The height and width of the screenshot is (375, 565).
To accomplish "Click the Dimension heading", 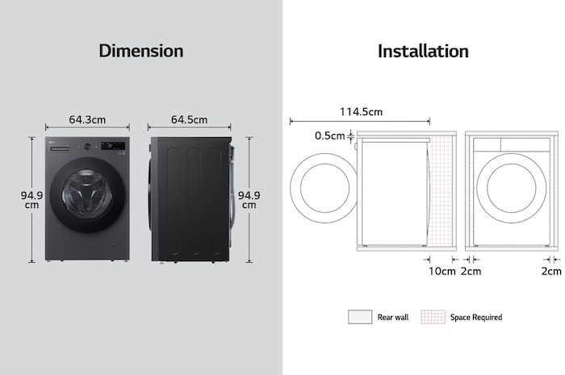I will point(140,51).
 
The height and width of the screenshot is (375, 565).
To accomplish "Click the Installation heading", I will point(423,51).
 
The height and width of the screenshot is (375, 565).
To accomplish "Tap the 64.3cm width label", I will point(87,119).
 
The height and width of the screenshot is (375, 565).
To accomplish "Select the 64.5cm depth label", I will point(189,119).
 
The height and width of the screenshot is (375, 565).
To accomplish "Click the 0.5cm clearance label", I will point(329,135).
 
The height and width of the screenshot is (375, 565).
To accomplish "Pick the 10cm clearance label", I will point(442,271).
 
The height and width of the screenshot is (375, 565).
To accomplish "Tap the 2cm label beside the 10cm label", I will point(471,271).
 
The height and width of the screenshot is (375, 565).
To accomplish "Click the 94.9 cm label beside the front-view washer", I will point(31,199).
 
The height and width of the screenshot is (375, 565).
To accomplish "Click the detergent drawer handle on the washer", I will point(63,147).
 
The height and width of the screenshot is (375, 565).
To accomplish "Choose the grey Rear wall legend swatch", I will point(359,317).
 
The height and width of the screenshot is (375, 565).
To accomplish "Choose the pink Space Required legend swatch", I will point(433,317).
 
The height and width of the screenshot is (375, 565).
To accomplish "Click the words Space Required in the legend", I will point(475,317).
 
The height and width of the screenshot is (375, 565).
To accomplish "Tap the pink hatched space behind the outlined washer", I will point(442,194).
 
